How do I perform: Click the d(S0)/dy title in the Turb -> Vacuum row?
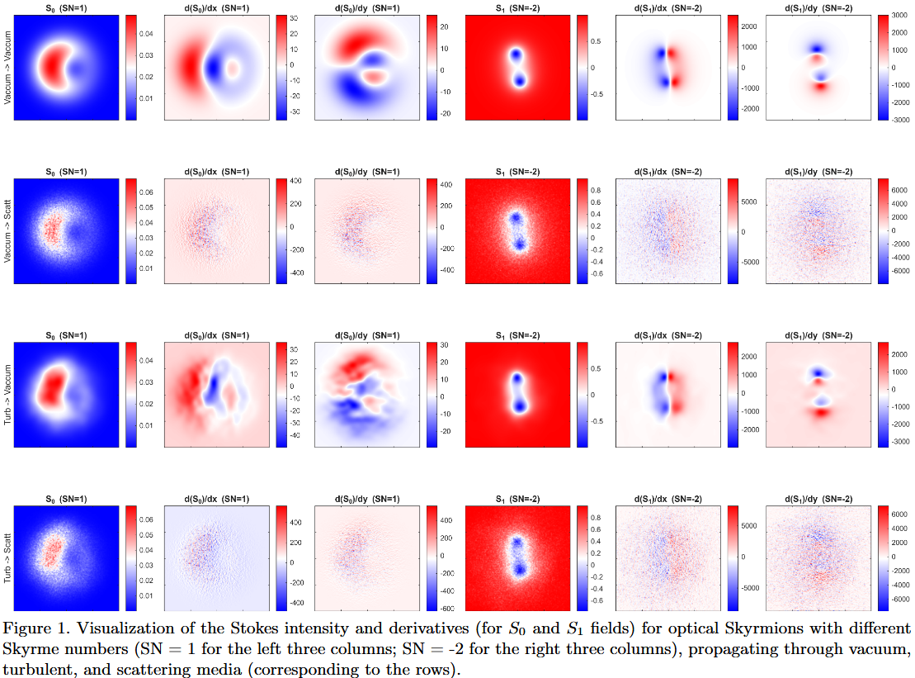click(x=369, y=335)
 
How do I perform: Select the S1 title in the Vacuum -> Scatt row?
click(x=518, y=172)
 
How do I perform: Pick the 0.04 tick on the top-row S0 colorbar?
click(x=145, y=34)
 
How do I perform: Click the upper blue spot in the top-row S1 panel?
click(x=516, y=55)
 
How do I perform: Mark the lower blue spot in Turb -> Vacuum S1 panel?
click(x=518, y=405)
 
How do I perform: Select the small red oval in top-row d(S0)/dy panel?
click(x=375, y=76)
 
